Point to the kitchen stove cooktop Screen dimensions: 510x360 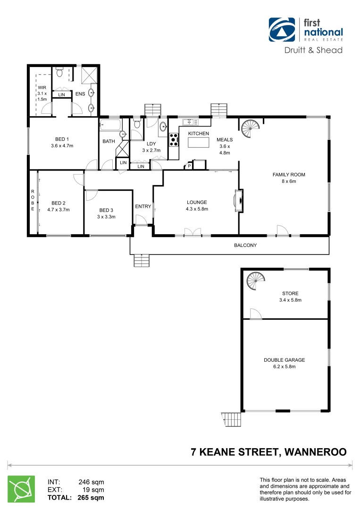[x=174, y=139]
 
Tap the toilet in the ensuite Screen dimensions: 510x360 [x=59, y=73]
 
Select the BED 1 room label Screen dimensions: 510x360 [x=62, y=139]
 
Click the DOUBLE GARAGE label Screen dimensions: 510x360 [x=284, y=360]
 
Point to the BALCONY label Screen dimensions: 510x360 [x=245, y=245]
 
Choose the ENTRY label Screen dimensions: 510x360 [x=143, y=206]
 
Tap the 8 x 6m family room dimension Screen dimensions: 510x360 [x=289, y=181]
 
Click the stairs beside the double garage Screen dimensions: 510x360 [x=231, y=419]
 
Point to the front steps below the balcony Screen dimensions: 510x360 [x=141, y=260]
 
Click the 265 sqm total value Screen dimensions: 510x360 [x=91, y=497]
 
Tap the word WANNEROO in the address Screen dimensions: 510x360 [x=314, y=452]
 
